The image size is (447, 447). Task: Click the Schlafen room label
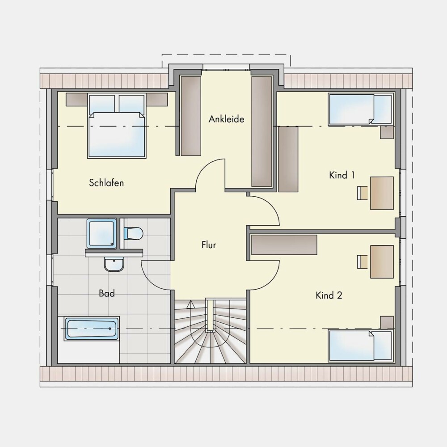click(x=106, y=183)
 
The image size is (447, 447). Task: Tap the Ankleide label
click(x=226, y=119)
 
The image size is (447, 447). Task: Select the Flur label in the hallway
click(x=209, y=245)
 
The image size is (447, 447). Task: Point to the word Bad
click(x=107, y=293)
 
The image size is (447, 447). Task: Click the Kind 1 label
click(x=342, y=175)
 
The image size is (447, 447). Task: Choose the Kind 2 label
click(x=329, y=295)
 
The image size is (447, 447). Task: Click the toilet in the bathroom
click(x=133, y=233)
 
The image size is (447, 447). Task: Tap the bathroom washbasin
click(x=114, y=264)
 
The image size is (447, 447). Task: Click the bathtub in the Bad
click(x=92, y=329)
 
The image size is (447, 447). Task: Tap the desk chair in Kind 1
click(x=363, y=193)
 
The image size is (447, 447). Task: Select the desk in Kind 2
click(x=382, y=261)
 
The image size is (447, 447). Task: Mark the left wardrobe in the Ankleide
click(x=191, y=116)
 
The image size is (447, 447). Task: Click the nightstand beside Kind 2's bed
click(x=387, y=322)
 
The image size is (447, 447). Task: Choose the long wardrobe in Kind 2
click(x=284, y=245)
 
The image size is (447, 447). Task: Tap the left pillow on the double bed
click(x=102, y=104)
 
